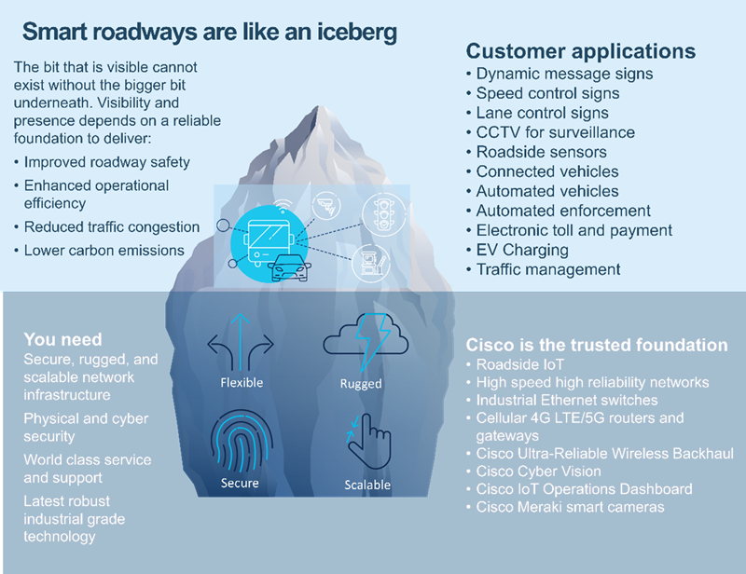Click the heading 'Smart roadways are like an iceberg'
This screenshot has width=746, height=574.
coord(209,32)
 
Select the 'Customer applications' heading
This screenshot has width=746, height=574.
coord(580,51)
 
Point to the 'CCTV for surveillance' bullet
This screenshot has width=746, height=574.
coord(555,132)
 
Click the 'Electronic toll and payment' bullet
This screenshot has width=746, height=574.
coord(573,230)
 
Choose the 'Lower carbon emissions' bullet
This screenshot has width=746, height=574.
coord(104,250)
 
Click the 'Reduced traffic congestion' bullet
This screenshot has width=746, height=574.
coord(112,226)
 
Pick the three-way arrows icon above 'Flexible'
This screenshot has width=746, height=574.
coord(242,342)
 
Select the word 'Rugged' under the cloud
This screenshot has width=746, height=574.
coord(361,383)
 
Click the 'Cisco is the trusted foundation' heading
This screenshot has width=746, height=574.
coord(597,345)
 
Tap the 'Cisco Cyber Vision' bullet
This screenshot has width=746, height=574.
coord(538,471)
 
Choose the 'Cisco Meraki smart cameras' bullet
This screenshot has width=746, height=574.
coord(570,507)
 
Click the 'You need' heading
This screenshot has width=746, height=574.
coord(62,339)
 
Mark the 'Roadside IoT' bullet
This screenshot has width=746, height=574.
coord(519,364)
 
